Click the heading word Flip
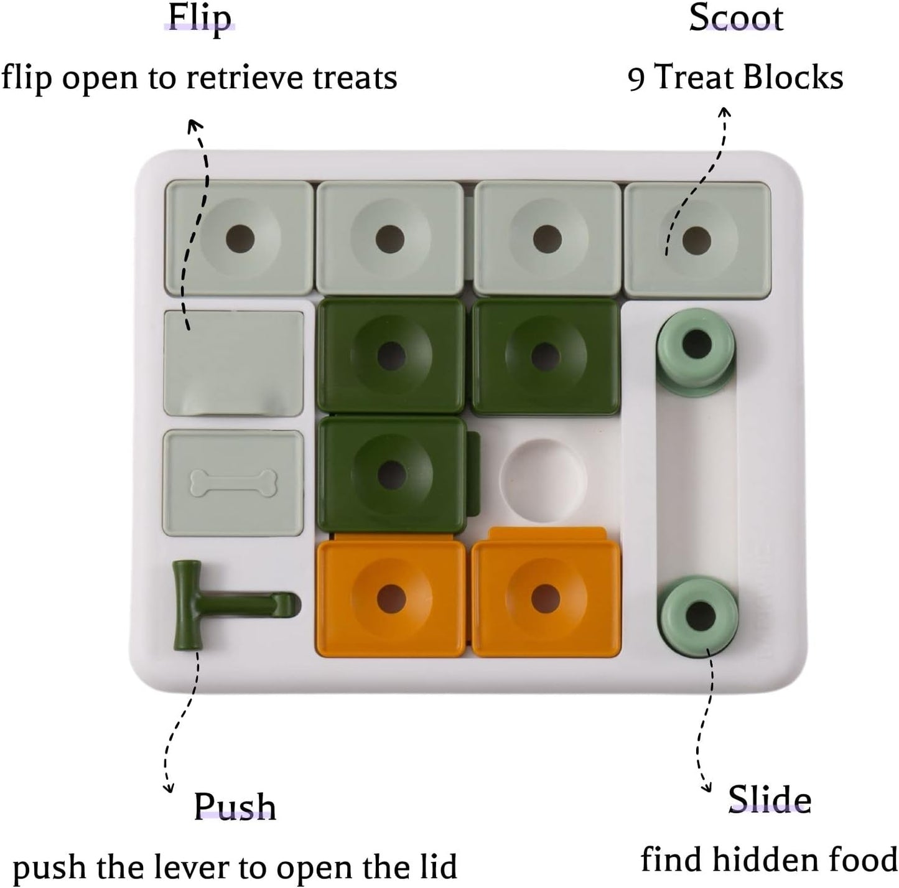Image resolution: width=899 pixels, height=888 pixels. pos(200,18)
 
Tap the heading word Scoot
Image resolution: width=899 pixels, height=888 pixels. pos(735,18)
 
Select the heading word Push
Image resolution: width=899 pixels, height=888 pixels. pos(235,806)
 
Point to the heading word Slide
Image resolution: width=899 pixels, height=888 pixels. pos(770,799)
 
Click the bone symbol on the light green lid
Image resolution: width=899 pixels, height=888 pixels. pos(233,483)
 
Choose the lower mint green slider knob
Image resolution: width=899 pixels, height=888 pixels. pos(699,613)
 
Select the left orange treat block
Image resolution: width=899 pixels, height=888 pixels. pos(390,596)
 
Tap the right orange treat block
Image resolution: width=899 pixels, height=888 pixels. pos(546,596)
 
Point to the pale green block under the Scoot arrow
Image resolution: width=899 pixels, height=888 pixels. pos(697,238)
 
